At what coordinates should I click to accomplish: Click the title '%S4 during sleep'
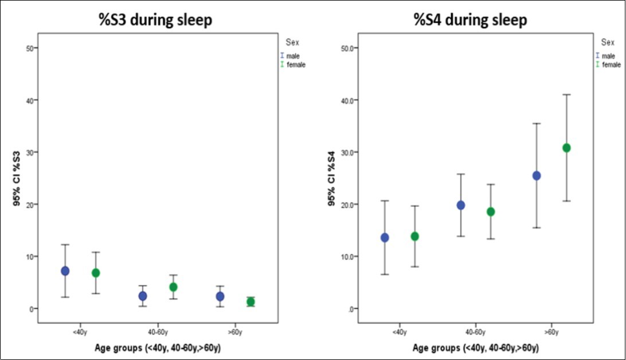coord(470,20)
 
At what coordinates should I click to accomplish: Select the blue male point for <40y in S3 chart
coord(65,271)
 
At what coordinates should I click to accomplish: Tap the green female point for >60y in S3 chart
coord(251,302)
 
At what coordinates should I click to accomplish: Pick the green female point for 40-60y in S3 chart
coord(173,287)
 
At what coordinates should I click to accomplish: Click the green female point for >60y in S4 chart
coord(567,148)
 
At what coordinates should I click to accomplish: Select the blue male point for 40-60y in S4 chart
coord(460,205)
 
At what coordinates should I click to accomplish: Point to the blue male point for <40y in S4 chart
coord(385,237)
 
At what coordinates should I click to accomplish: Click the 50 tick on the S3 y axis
coord(29,48)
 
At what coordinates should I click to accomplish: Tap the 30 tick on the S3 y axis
coord(29,152)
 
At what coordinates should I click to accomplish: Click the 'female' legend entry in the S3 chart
coord(296,65)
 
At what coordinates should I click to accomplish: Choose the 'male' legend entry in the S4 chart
coord(608,56)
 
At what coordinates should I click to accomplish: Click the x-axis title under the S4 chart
coord(476,348)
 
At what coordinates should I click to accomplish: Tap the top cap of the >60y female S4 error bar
coord(567,95)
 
